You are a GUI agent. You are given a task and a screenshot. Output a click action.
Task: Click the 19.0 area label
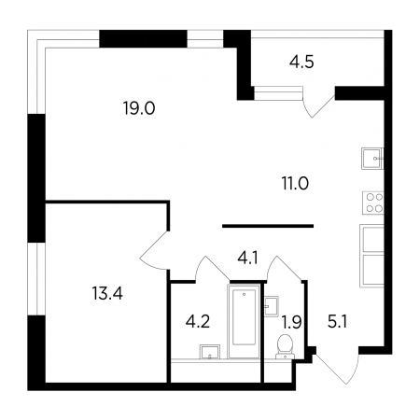click(x=139, y=108)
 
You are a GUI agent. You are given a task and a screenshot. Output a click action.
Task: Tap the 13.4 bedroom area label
click(x=107, y=293)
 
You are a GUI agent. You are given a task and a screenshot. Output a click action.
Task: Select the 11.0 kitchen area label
click(x=295, y=183)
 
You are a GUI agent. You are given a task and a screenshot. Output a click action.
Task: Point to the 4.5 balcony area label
click(x=301, y=62)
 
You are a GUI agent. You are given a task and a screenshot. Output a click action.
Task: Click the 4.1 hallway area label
click(x=248, y=258)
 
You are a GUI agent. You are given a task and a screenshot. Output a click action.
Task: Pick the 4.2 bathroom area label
click(x=198, y=321)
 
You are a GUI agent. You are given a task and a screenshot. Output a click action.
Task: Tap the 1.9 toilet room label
click(x=291, y=322)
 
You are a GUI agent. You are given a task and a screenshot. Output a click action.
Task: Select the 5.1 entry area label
click(x=337, y=322)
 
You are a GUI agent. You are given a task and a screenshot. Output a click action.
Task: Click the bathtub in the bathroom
click(x=245, y=321)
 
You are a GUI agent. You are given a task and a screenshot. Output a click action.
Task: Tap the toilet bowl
click(x=285, y=346)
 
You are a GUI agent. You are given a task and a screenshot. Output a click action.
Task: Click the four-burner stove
click(x=372, y=203)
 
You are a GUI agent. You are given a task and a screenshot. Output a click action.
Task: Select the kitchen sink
click(x=372, y=159)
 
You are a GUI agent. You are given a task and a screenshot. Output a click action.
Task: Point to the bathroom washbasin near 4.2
click(x=210, y=352)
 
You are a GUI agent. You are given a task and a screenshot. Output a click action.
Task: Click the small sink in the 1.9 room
click(x=272, y=306)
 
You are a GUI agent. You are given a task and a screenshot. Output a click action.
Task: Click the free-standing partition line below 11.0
click(x=268, y=226)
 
